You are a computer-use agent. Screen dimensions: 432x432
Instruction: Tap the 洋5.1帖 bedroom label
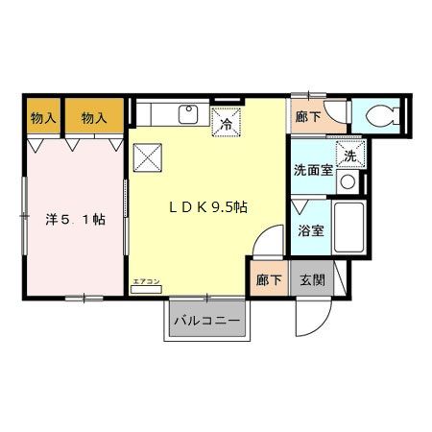(x=76, y=219)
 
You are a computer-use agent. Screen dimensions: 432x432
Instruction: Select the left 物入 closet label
(x=42, y=118)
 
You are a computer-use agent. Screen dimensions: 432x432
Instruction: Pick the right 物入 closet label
(x=93, y=118)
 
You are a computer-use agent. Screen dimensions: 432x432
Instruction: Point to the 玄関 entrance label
(x=312, y=280)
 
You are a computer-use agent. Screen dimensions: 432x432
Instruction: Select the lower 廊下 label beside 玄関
(x=268, y=280)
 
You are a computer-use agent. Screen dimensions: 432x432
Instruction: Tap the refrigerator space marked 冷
(x=227, y=122)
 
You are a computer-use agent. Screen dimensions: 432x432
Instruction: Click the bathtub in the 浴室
(x=348, y=231)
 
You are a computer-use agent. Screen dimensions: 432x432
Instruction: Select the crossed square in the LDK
(x=150, y=156)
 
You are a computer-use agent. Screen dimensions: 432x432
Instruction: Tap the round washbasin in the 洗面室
(x=349, y=181)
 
